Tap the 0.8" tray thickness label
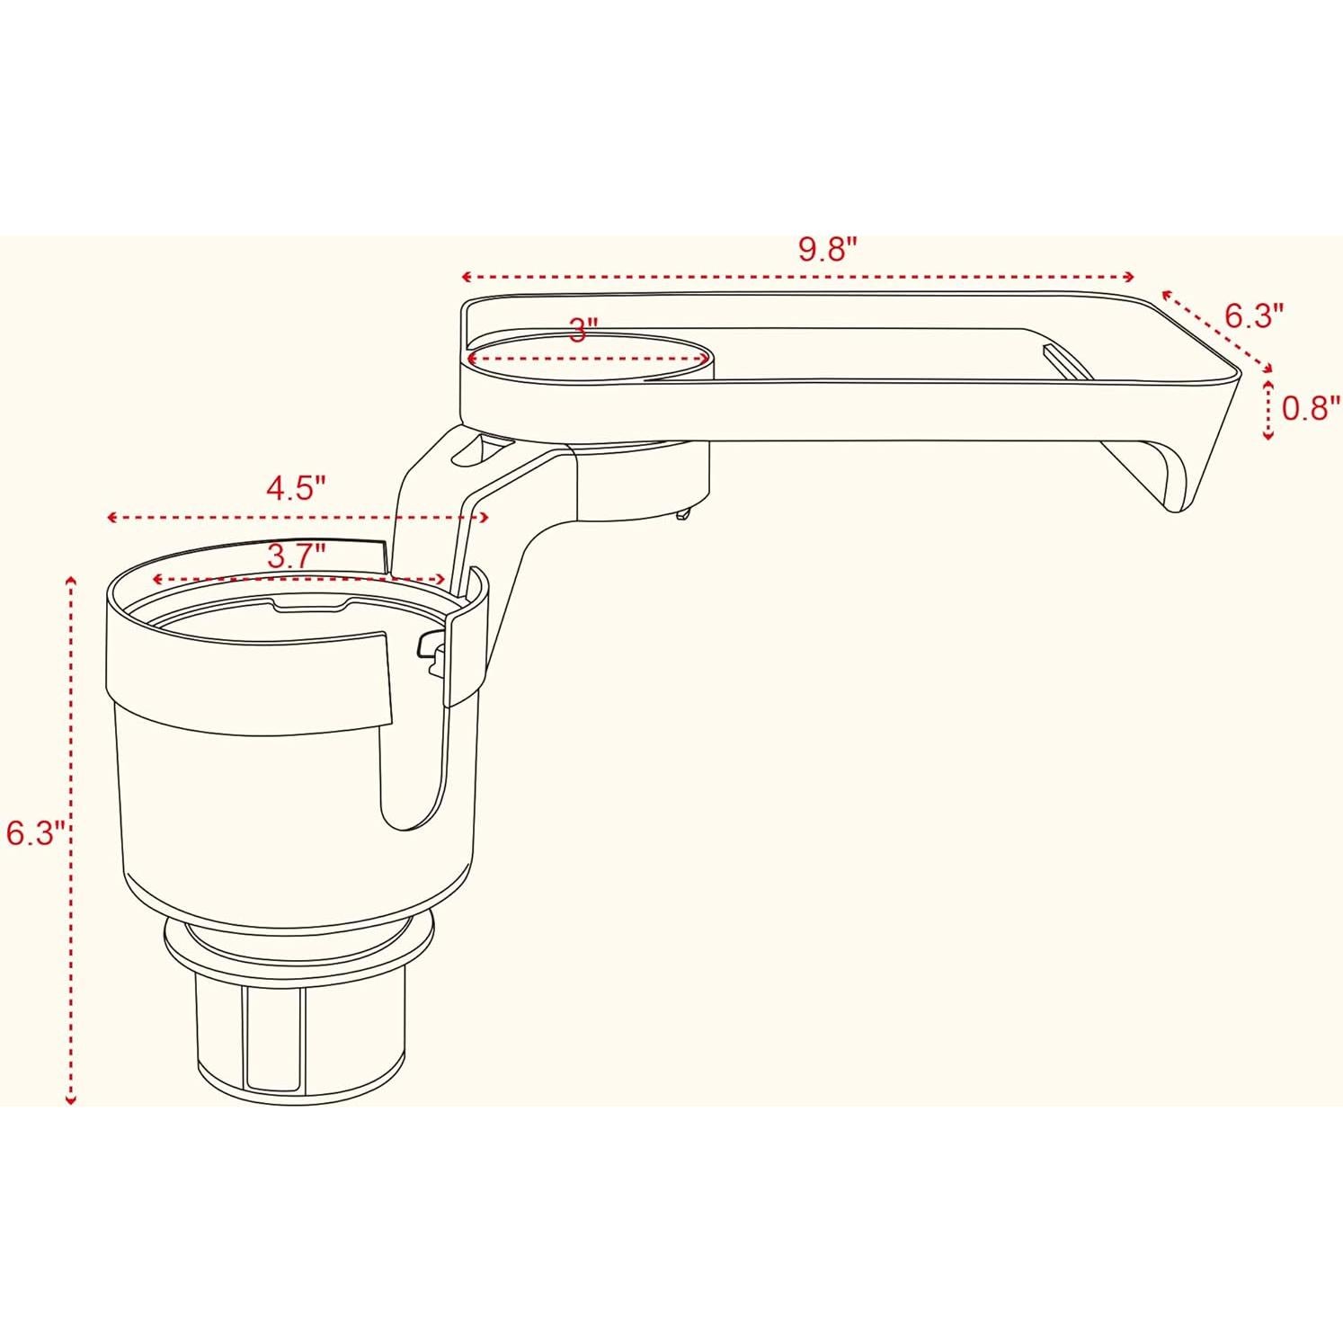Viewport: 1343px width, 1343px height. (x=1311, y=408)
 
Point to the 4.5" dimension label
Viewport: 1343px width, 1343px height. (x=295, y=488)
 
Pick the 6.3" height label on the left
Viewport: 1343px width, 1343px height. (x=34, y=832)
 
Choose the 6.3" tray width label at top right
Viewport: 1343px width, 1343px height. (x=1253, y=316)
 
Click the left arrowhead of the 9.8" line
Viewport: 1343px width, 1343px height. (x=466, y=276)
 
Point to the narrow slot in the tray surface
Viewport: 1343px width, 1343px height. (x=1064, y=361)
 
